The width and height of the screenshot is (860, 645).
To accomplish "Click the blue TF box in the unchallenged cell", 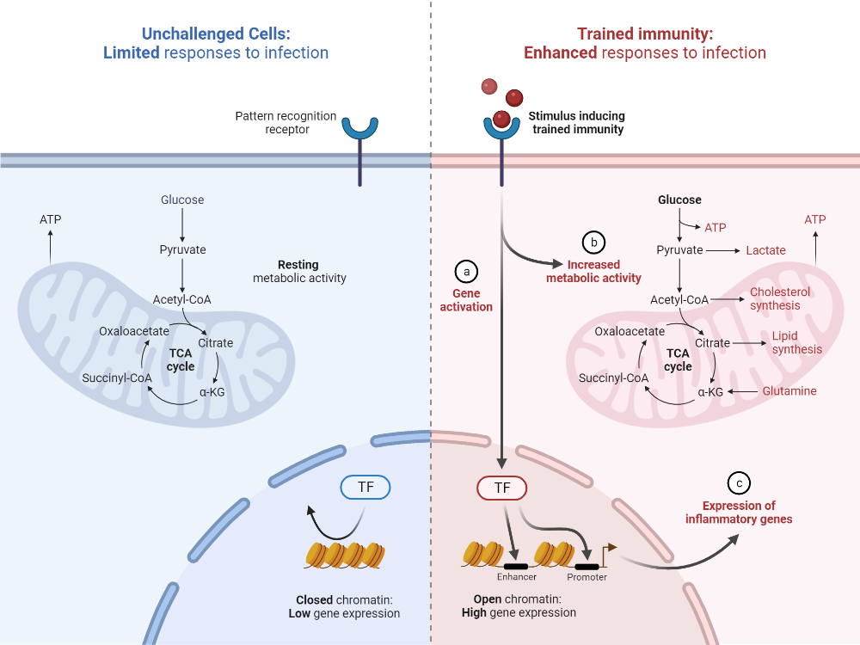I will coord(365,488).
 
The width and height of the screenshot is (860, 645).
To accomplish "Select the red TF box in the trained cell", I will coord(501,488).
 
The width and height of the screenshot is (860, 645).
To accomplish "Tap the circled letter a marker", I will coord(466,271).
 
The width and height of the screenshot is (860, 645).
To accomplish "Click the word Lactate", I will coord(765,250).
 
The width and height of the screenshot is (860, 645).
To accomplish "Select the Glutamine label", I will coord(789,391).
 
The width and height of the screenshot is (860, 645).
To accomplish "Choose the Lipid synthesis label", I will coord(796,342).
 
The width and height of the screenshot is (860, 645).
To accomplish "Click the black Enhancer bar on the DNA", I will coord(516,566).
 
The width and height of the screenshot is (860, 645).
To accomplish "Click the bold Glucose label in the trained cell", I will coord(679,200).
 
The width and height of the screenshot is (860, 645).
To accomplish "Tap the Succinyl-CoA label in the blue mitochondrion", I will coord(117,378).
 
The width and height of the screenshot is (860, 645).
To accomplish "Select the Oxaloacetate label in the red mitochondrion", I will coord(630,331).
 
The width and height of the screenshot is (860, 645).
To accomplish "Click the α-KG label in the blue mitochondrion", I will coord(212,391).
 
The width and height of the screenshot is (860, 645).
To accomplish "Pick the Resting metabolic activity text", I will coord(298,272).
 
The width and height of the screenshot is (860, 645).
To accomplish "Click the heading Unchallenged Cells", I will coord(216,34).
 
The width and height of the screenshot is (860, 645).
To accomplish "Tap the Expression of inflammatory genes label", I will coord(739,513).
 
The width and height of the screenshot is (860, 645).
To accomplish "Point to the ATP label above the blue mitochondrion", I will coord(50,219).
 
